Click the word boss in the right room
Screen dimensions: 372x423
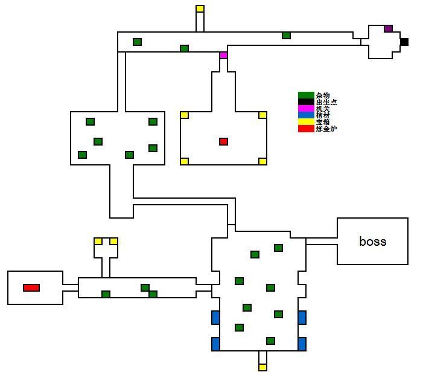(x=372, y=242)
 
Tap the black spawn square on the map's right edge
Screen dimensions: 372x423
(x=404, y=42)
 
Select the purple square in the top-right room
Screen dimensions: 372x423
(x=388, y=28)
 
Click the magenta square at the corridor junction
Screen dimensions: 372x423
(x=223, y=55)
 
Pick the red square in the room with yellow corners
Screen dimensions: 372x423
(x=223, y=141)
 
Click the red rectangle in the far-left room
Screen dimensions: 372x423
(x=31, y=287)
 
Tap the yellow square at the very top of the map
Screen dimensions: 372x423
(x=200, y=8)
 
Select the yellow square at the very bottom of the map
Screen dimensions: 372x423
(x=262, y=367)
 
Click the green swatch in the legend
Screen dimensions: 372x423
(x=306, y=95)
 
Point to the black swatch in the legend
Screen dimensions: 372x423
(x=306, y=102)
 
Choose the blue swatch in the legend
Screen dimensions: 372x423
(x=306, y=115)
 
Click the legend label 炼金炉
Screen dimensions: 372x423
(x=326, y=129)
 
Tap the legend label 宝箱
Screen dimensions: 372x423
(x=323, y=122)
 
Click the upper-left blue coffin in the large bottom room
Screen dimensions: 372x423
(x=215, y=317)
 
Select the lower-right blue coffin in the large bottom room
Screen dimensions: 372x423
(x=302, y=344)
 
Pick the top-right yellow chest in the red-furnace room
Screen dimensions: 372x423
(x=262, y=115)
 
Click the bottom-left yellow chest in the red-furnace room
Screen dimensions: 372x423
(x=184, y=161)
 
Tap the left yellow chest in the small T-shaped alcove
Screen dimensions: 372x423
(x=98, y=241)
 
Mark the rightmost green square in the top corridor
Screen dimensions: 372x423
(x=286, y=36)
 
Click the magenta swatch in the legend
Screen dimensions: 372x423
(x=306, y=109)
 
